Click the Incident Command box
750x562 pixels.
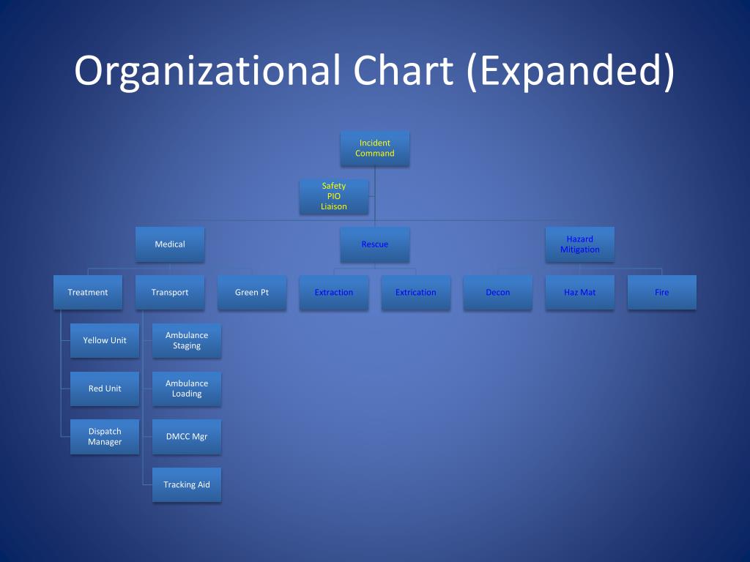click(x=374, y=148)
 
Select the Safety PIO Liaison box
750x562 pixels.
click(x=333, y=196)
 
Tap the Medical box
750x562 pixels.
click(x=169, y=244)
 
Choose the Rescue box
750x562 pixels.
click(x=374, y=244)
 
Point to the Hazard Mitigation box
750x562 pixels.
click(x=579, y=244)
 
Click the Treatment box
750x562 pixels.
click(x=87, y=293)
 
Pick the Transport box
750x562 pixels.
click(x=169, y=293)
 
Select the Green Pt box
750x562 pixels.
click(x=251, y=293)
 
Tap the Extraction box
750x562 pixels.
click(x=333, y=293)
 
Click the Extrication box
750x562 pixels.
click(x=415, y=293)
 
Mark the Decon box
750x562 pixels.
click(x=497, y=293)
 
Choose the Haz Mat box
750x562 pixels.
click(x=579, y=293)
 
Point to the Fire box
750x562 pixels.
click(x=661, y=293)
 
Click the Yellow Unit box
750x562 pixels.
click(x=104, y=340)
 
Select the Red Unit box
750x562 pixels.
click(x=104, y=389)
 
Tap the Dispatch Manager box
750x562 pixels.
click(x=104, y=437)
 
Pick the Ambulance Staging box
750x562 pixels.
click(x=186, y=340)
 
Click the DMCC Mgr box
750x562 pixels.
click(x=186, y=437)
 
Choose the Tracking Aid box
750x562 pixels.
click(x=186, y=484)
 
